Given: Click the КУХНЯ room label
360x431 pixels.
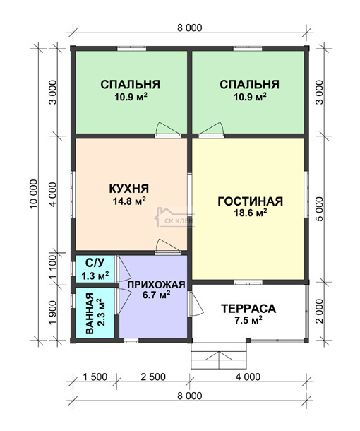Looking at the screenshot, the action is pyautogui.click(x=129, y=189).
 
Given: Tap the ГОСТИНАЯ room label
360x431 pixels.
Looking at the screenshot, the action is pyautogui.click(x=250, y=201).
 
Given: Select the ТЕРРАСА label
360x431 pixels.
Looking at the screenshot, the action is pyautogui.click(x=248, y=309).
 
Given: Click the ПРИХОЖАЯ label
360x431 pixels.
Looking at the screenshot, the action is pyautogui.click(x=156, y=285).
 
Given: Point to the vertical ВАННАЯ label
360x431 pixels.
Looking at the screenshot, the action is pyautogui.click(x=90, y=313).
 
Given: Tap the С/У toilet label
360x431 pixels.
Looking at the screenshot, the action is pyautogui.click(x=95, y=263).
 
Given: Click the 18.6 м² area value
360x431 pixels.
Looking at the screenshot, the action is pyautogui.click(x=251, y=213).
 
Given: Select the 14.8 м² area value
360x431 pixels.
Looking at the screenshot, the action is pyautogui.click(x=129, y=201).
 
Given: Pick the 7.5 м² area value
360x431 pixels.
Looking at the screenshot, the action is pyautogui.click(x=248, y=320).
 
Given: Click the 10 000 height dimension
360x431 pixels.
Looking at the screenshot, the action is pyautogui.click(x=33, y=194).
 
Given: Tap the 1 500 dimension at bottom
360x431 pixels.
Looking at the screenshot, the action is pyautogui.click(x=95, y=377).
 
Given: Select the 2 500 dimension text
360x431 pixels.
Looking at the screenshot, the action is pyautogui.click(x=153, y=377).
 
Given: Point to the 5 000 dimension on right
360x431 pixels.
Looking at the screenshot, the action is pyautogui.click(x=319, y=209).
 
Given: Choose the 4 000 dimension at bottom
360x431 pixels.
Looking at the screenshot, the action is pyautogui.click(x=248, y=377).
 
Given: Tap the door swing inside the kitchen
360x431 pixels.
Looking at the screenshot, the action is pyautogui.click(x=167, y=245).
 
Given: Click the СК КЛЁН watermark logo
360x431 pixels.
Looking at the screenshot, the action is pyautogui.click(x=174, y=217).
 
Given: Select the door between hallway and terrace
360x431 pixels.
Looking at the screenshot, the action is pyautogui.click(x=196, y=304).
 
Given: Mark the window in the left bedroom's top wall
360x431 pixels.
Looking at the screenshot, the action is pyautogui.click(x=131, y=49).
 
